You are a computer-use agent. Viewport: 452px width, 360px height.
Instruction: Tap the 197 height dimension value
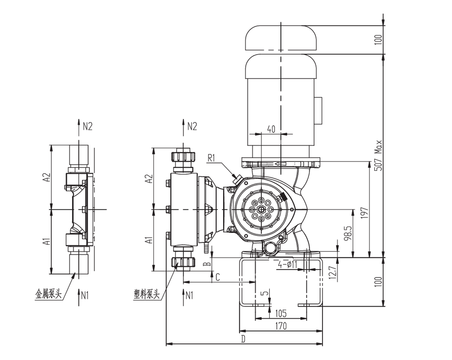tap(365, 213)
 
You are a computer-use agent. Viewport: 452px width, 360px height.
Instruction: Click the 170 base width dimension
tap(281, 326)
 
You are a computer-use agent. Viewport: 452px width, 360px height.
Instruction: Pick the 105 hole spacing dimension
tap(281, 313)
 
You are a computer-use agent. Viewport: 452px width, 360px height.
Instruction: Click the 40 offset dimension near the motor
tap(271, 129)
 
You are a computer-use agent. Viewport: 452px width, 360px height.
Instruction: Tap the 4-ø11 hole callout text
tap(287, 264)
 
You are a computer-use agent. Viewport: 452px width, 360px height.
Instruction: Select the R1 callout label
tap(211, 158)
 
